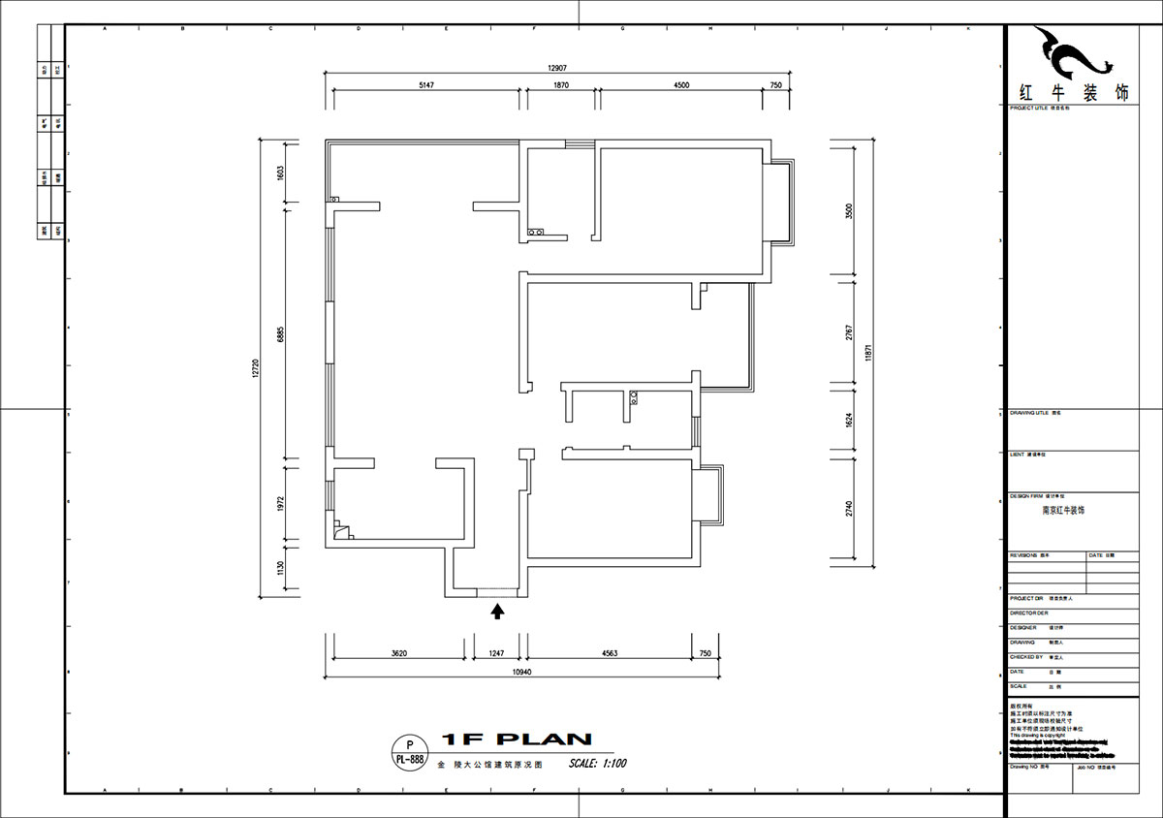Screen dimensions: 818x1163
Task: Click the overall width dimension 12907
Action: coord(555,68)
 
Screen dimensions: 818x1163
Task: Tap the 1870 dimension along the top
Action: coord(561,85)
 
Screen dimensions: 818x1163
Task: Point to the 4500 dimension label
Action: coord(681,85)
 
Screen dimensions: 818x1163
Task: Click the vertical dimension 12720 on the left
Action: coord(255,368)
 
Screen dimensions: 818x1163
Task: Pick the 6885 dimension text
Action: coord(280,332)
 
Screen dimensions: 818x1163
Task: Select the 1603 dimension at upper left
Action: coord(280,173)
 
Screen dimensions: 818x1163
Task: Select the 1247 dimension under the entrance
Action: coord(496,654)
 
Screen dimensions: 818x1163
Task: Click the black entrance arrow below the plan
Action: coord(498,611)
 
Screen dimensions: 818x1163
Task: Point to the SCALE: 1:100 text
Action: coord(598,763)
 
